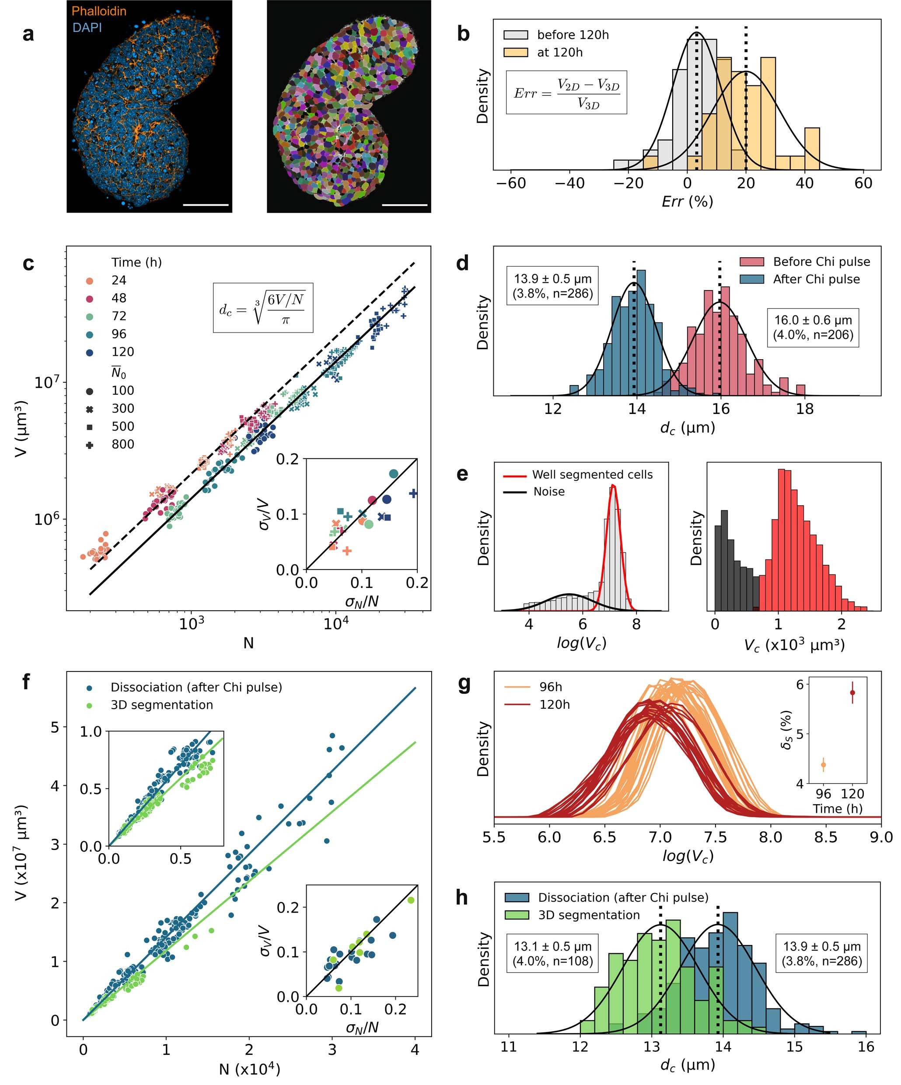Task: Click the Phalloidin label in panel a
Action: click(99, 11)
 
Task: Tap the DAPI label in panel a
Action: click(87, 28)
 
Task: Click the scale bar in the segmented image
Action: click(405, 205)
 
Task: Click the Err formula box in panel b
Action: click(566, 92)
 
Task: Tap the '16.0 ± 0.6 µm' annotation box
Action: click(813, 327)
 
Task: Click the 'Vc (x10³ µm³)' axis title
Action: click(794, 645)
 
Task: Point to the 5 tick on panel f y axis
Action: click(55, 727)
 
